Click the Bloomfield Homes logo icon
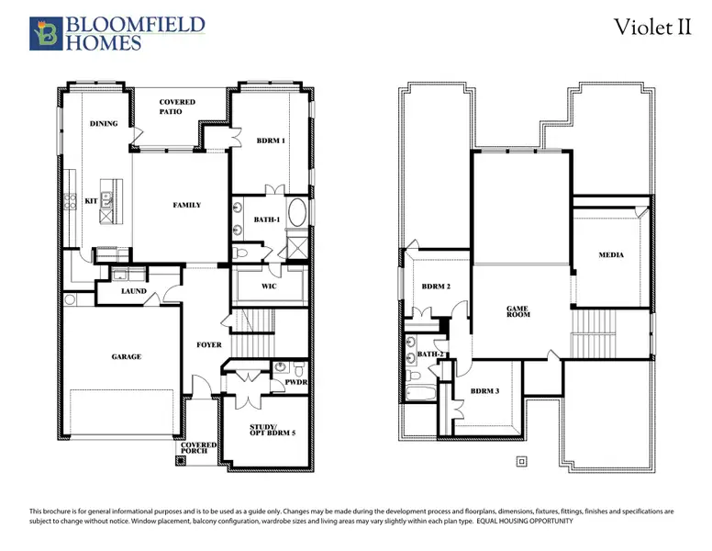45,32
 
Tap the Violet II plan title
652,28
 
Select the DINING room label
103,123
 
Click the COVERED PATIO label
177,107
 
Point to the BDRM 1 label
271,141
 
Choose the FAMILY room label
186,205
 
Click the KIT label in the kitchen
91,200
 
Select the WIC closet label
269,286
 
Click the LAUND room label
134,292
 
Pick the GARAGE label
127,356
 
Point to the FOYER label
209,345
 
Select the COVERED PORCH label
199,448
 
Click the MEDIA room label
611,254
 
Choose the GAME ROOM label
519,312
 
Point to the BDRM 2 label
437,287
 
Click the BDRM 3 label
484,391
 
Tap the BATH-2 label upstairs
431,354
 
